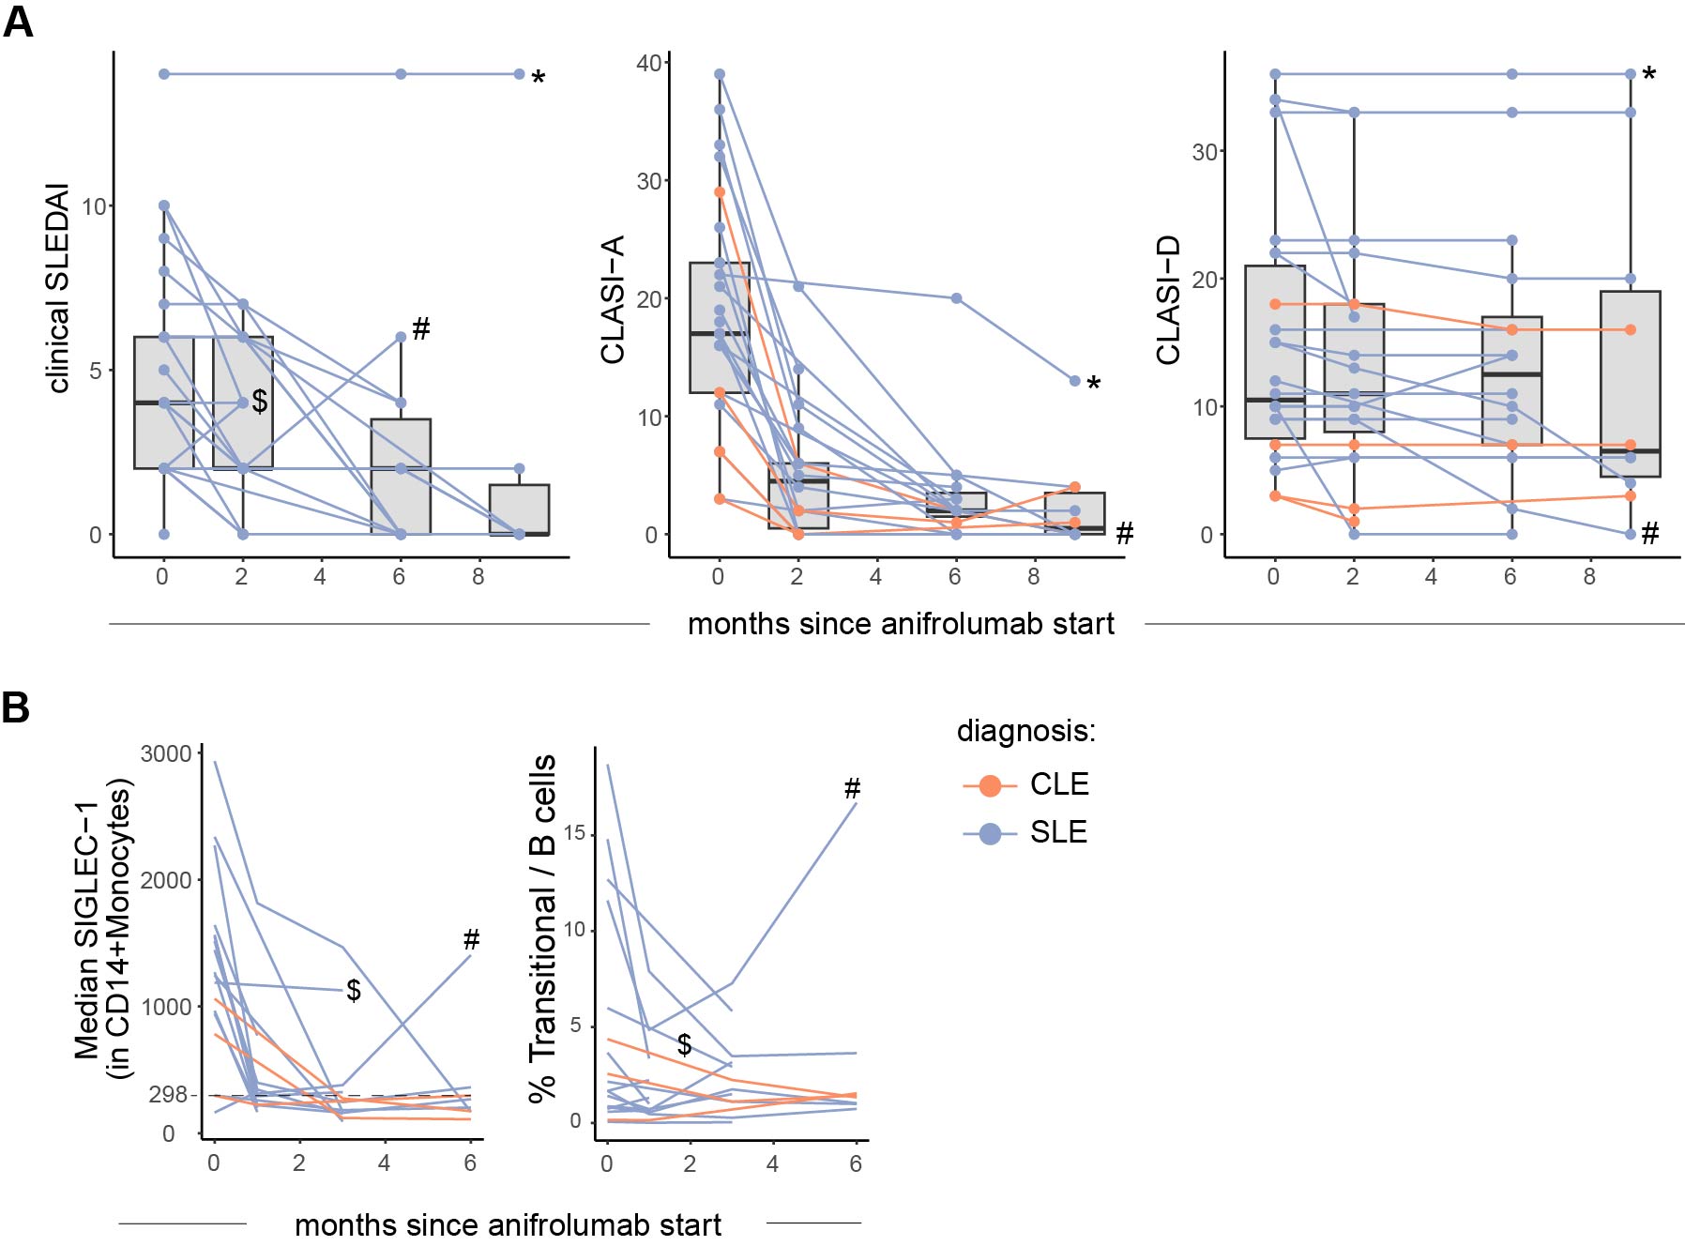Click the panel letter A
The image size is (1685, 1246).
point(18,21)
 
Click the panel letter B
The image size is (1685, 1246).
point(16,707)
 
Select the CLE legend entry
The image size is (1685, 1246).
point(1058,784)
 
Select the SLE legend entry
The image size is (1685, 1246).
point(1057,832)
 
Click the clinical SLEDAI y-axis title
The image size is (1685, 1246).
point(58,288)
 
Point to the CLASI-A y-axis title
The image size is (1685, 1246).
point(613,299)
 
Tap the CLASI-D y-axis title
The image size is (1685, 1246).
point(1168,300)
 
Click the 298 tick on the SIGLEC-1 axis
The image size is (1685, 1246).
point(168,1095)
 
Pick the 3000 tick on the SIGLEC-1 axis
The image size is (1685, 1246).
point(165,753)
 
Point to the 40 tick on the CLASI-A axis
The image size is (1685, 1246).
point(648,63)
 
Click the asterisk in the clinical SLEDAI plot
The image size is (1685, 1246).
point(538,79)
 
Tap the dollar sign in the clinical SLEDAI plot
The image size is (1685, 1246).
point(260,402)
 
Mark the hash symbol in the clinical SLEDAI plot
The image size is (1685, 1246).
point(421,328)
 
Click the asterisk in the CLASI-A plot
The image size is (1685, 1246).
point(1093,385)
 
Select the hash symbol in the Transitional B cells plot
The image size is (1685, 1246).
point(852,788)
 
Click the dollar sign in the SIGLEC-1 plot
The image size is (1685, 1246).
point(354,990)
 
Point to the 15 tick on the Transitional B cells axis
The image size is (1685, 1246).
point(574,834)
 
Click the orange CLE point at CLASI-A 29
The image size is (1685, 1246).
point(720,192)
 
